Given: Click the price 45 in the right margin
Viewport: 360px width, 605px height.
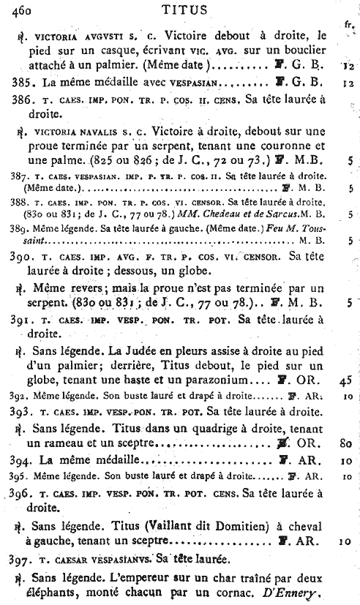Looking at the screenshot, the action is pyautogui.click(x=347, y=380).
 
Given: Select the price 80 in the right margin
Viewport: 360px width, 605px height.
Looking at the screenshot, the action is pyautogui.click(x=347, y=443).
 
